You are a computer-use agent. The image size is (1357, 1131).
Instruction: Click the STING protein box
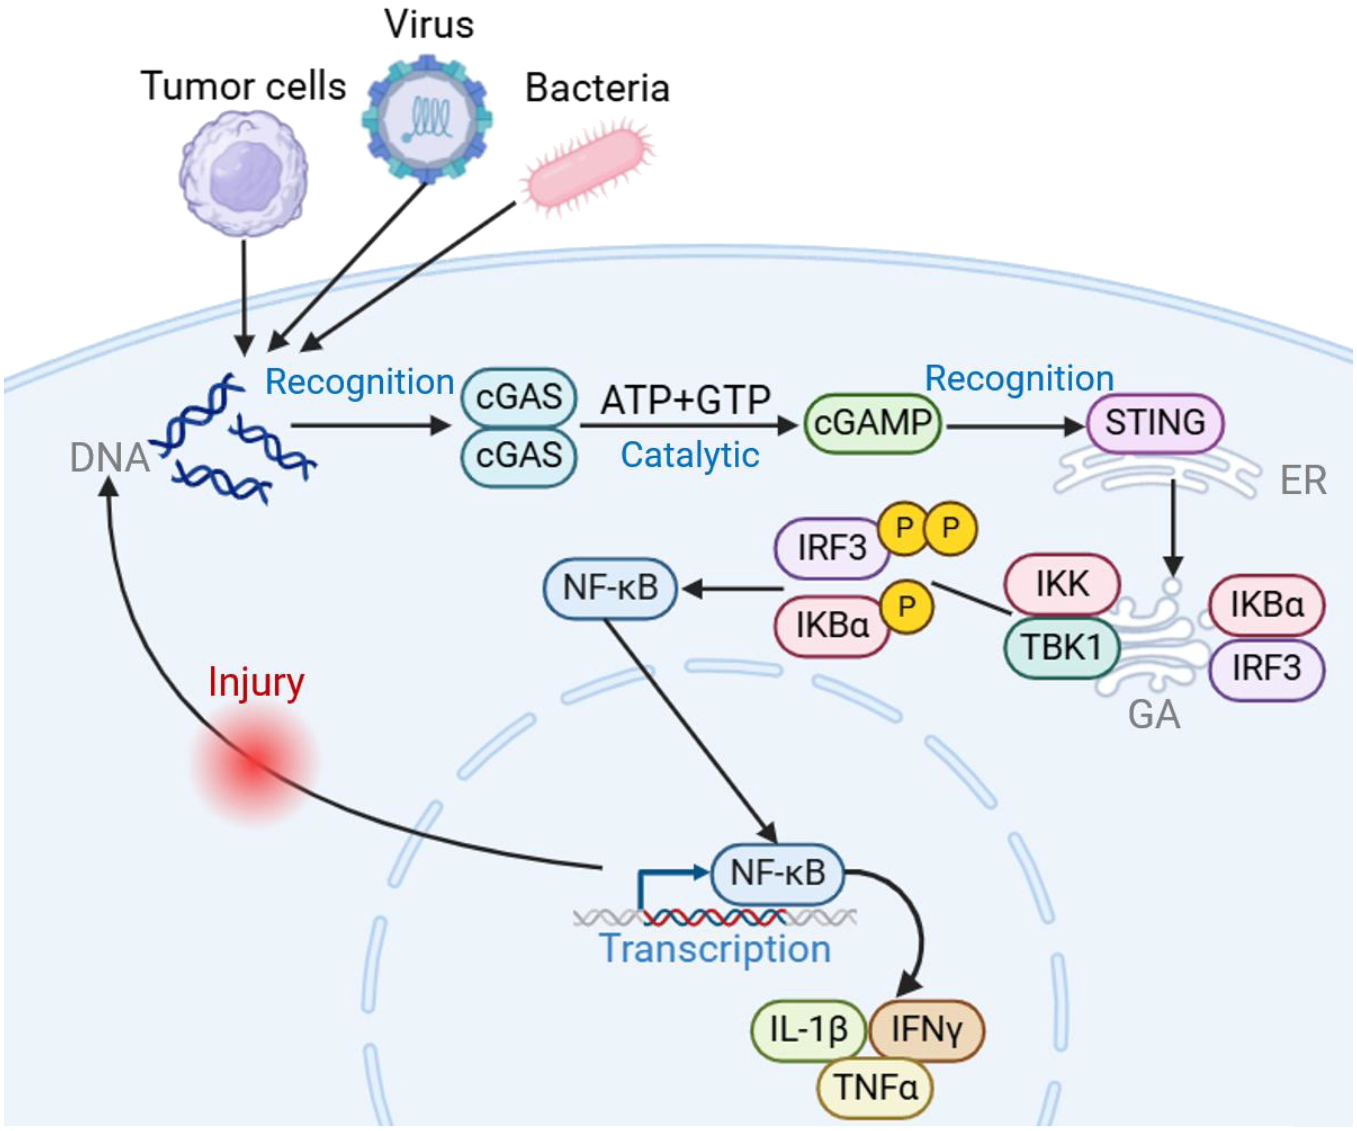click(x=1155, y=423)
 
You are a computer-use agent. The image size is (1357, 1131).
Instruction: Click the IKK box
click(x=1062, y=584)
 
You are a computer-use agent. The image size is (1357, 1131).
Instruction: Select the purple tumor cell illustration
click(x=244, y=173)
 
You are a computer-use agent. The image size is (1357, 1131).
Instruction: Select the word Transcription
click(x=715, y=949)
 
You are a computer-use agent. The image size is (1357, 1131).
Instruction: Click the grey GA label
click(x=1154, y=715)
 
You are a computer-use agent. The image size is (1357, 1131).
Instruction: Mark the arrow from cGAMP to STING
click(x=1014, y=427)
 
